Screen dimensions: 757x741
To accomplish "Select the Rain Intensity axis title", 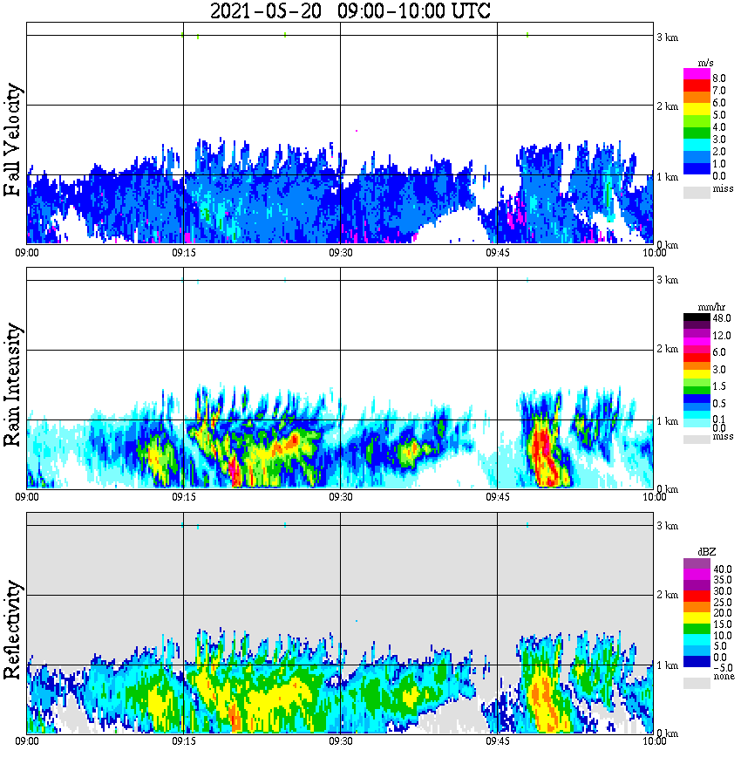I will [12, 385].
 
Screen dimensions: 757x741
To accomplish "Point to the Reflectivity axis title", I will [12, 630].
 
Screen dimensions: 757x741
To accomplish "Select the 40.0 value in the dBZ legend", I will [721, 569].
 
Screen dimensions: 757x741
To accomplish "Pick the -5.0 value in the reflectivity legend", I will [721, 666].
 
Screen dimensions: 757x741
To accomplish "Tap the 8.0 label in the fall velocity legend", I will [718, 78].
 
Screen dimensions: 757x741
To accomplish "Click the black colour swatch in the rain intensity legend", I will [697, 318].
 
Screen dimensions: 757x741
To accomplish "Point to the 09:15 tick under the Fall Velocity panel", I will [183, 253].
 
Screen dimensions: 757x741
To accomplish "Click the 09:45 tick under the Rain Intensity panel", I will [497, 497].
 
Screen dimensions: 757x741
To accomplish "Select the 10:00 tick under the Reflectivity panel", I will [654, 742].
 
